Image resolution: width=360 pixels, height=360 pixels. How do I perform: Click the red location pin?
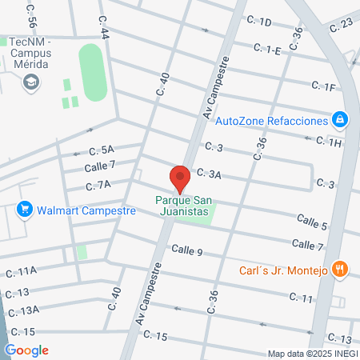[x=180, y=178]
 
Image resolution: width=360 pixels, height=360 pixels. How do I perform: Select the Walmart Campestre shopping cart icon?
[x=25, y=210]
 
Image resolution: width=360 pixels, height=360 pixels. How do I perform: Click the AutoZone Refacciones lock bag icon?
[x=341, y=120]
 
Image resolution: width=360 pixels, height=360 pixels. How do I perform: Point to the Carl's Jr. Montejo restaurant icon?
[x=340, y=270]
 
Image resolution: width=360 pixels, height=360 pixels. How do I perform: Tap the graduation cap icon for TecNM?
[x=30, y=81]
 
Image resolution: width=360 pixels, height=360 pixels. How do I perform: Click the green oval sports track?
[x=92, y=73]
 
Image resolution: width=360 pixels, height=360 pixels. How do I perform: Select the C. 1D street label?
[x=260, y=22]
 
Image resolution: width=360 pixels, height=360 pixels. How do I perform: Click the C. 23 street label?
[x=340, y=24]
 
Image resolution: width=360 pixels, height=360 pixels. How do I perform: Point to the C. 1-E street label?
[x=267, y=49]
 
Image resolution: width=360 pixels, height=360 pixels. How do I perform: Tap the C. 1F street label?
[x=323, y=86]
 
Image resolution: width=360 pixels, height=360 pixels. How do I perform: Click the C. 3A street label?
[x=209, y=173]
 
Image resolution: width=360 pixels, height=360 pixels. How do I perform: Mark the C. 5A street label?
[x=102, y=150]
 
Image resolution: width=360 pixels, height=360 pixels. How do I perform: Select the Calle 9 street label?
[x=186, y=250]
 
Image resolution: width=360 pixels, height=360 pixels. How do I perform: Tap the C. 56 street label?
[x=32, y=11]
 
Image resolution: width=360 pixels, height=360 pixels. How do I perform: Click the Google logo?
[x=27, y=350]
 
